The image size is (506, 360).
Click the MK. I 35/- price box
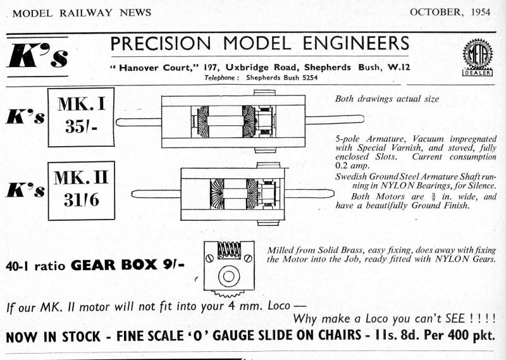(81, 117)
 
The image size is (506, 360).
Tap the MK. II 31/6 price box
(81, 190)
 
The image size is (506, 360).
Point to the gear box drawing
(228, 269)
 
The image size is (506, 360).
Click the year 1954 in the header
(478, 12)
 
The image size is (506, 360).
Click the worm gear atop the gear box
(228, 250)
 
